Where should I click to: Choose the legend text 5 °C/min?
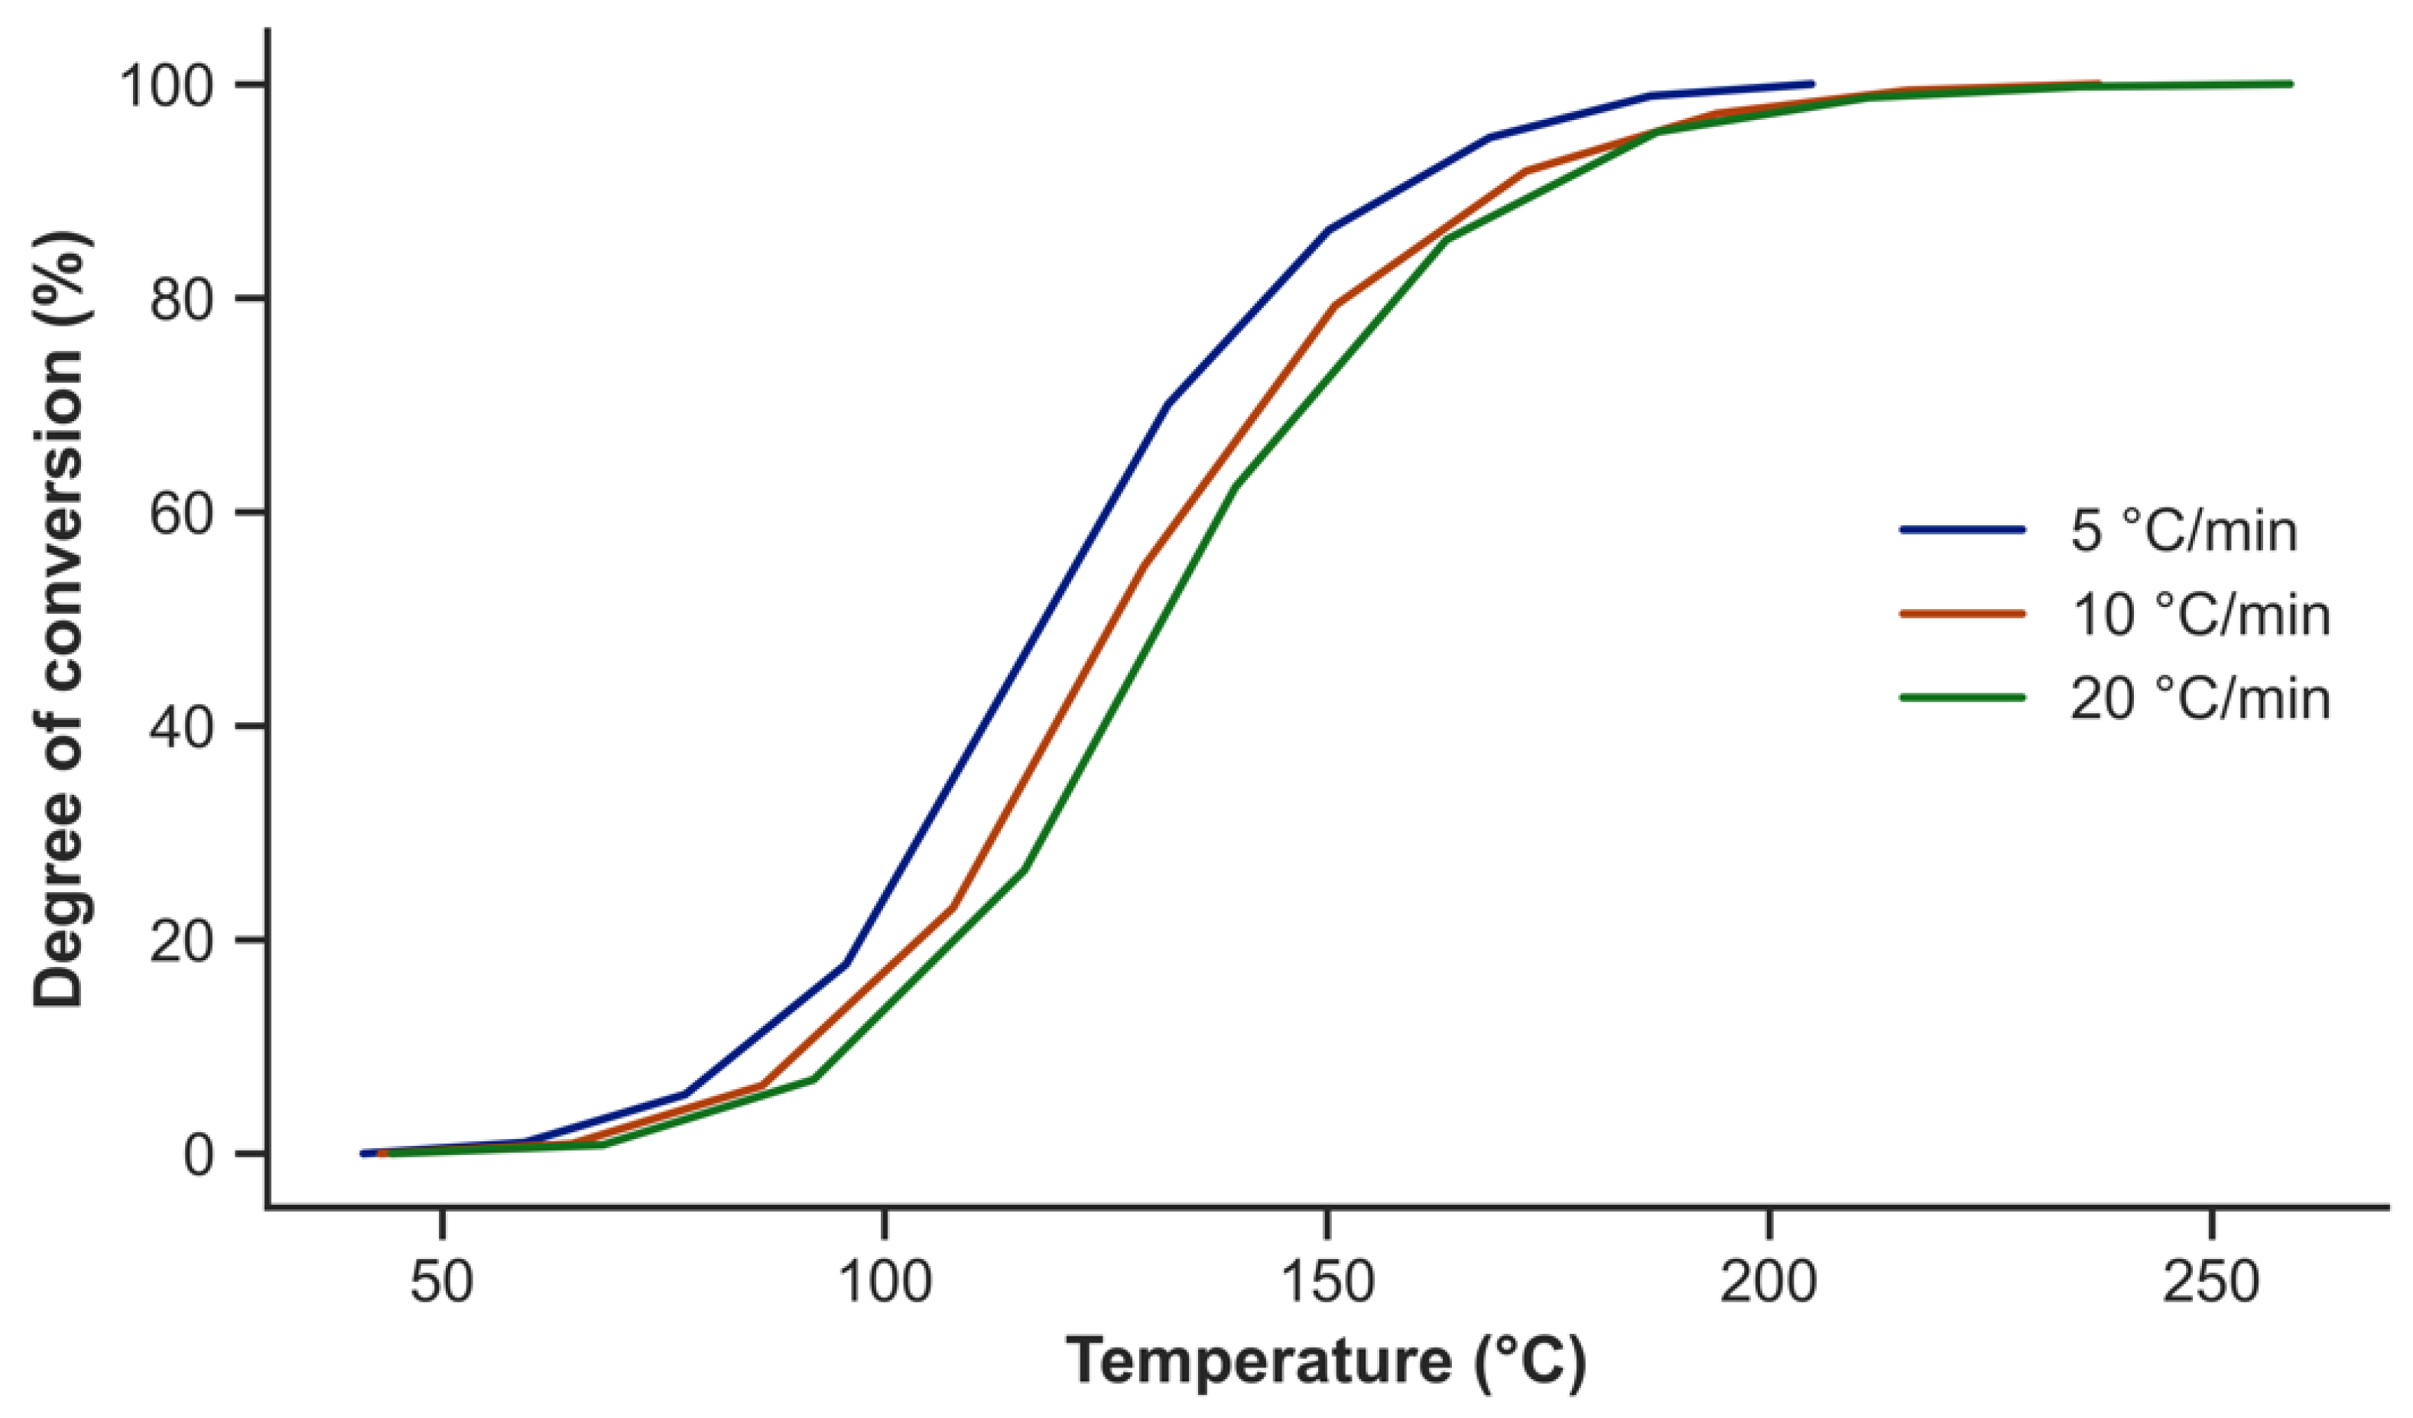[2183, 531]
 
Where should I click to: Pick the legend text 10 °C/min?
[2200, 615]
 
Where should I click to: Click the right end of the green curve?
[2289, 84]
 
